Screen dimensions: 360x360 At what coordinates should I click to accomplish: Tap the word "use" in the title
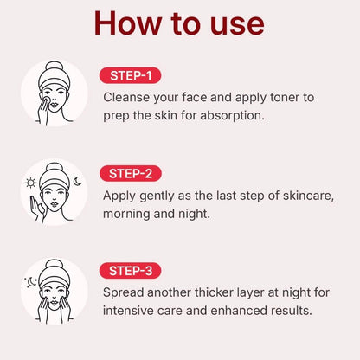pyautogui.click(x=237, y=26)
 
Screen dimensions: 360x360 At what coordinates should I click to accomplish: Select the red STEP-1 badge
pyautogui.click(x=130, y=75)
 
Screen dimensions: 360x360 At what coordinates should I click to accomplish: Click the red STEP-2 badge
pyautogui.click(x=131, y=174)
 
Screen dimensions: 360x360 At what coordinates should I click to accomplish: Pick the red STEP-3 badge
pyautogui.click(x=131, y=271)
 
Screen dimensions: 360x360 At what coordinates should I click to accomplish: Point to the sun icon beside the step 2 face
pyautogui.click(x=30, y=183)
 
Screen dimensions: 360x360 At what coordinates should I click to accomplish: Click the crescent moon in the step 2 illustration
pyautogui.click(x=77, y=182)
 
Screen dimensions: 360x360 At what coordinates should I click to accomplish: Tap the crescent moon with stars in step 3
pyautogui.click(x=31, y=282)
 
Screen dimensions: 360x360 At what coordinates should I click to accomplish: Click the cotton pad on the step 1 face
pyautogui.click(x=46, y=100)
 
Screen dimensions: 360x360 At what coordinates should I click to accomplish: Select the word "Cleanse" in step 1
pyautogui.click(x=126, y=97)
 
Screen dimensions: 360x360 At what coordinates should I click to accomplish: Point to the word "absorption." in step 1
pyautogui.click(x=232, y=116)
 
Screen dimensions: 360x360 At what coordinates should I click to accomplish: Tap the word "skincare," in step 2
pyautogui.click(x=308, y=196)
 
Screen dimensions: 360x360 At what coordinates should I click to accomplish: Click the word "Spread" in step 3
pyautogui.click(x=123, y=292)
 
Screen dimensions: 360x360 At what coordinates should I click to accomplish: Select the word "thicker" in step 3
pyautogui.click(x=214, y=292)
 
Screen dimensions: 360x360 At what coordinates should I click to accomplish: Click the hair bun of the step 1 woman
pyautogui.click(x=55, y=67)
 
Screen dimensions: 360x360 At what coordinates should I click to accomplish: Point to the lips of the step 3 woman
pyautogui.click(x=55, y=303)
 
